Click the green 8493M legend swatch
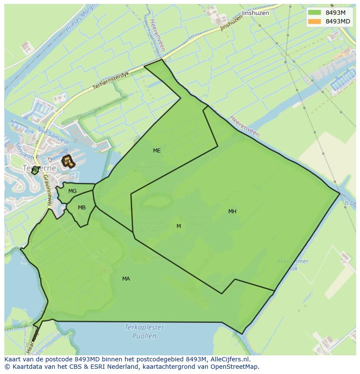(314, 13)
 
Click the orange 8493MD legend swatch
(314, 21)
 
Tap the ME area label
(157, 151)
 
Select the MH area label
(232, 212)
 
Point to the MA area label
(126, 279)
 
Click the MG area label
(72, 191)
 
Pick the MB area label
(82, 208)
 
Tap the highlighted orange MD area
(67, 162)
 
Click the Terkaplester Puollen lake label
(144, 331)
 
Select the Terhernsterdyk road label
(111, 81)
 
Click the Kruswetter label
(150, 166)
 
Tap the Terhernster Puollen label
(149, 227)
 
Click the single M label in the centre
(179, 226)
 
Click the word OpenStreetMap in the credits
(234, 367)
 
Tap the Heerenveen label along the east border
(245, 126)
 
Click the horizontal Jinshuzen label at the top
(255, 13)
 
